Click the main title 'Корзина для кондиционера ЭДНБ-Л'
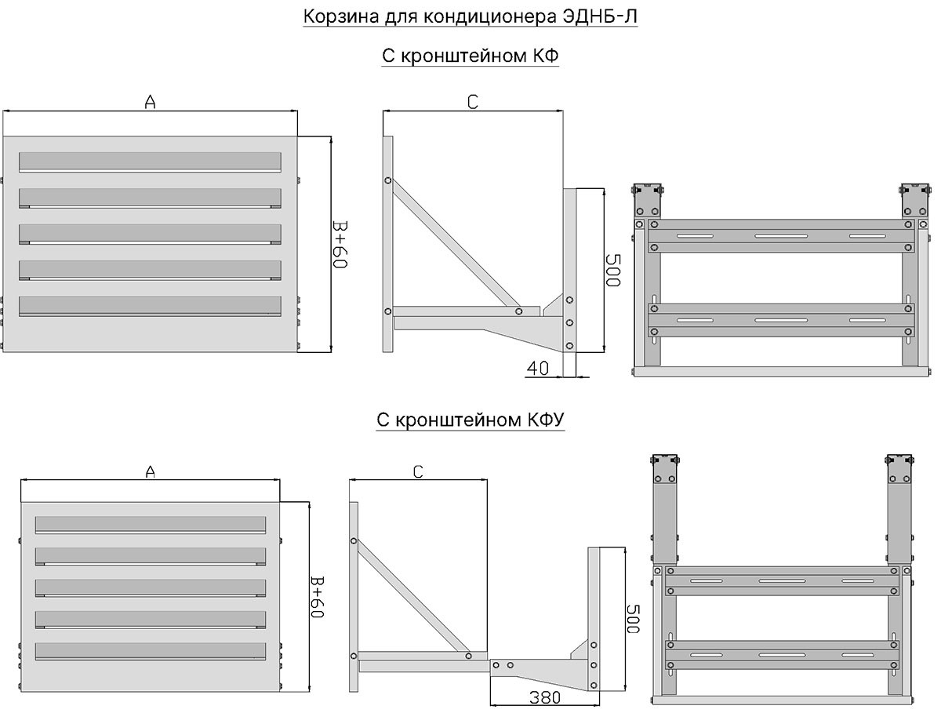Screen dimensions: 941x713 coord(470,16)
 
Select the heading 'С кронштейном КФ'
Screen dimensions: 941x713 coord(470,56)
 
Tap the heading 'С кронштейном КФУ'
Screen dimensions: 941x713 coord(470,420)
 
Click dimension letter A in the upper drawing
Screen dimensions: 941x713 coord(150,102)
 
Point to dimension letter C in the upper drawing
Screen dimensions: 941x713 coord(472,102)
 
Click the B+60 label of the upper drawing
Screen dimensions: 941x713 coord(340,245)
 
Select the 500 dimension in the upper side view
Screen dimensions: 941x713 coord(612,270)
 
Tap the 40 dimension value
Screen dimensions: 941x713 coord(538,369)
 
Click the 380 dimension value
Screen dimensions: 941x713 coord(545,697)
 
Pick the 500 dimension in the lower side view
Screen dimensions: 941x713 coord(633,619)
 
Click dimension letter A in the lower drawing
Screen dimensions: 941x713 coord(150,471)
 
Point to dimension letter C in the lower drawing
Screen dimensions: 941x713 coord(418,471)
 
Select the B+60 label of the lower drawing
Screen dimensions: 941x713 coord(317,597)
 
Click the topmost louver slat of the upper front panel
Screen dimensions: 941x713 coord(150,162)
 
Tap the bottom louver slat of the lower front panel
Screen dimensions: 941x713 coord(151,652)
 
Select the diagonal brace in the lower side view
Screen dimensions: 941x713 coord(411,598)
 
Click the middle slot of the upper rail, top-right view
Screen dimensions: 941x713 coord(781,236)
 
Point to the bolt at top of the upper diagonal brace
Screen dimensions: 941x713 coord(387,180)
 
